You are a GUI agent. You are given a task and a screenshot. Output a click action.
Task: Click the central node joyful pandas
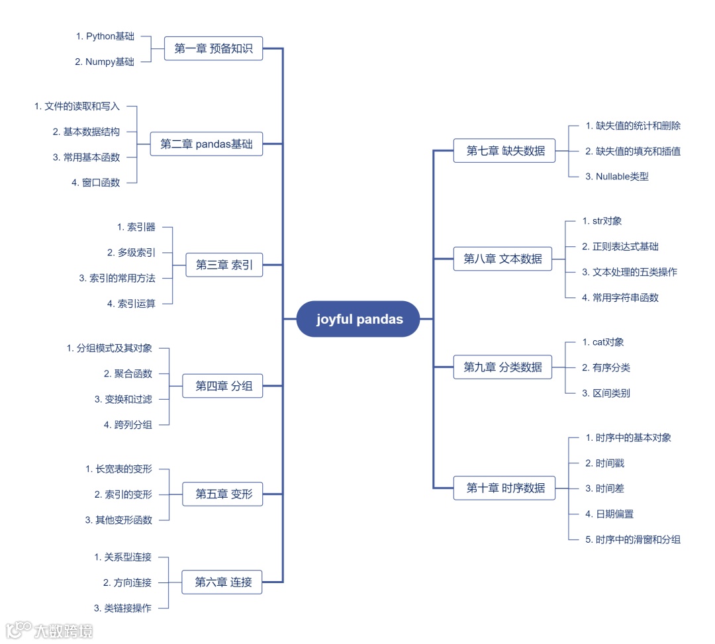[359, 319]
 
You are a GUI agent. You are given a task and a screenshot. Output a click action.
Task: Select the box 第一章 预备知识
[213, 48]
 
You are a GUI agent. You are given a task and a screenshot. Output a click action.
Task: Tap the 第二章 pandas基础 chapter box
[207, 144]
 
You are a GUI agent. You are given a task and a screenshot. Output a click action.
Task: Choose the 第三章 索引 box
[224, 265]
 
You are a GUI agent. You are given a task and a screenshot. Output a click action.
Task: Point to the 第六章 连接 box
[223, 582]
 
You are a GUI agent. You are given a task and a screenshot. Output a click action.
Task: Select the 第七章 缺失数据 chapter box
[505, 151]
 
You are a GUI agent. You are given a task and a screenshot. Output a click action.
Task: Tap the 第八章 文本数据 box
[502, 259]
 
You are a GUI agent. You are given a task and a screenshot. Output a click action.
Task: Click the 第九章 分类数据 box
[502, 367]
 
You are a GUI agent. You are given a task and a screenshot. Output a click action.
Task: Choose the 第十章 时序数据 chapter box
[505, 488]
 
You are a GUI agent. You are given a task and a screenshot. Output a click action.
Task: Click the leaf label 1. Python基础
[105, 36]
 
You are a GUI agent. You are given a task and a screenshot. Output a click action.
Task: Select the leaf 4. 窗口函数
[96, 183]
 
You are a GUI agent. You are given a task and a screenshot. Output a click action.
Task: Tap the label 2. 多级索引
[131, 252]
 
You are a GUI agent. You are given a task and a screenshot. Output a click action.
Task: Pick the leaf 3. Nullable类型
[617, 176]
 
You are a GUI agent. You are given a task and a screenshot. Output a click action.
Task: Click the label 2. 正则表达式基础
[620, 246]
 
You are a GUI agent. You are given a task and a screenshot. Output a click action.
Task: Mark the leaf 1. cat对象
[603, 342]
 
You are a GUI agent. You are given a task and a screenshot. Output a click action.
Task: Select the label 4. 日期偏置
[610, 514]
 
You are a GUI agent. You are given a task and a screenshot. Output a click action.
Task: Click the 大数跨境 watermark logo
[50, 629]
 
